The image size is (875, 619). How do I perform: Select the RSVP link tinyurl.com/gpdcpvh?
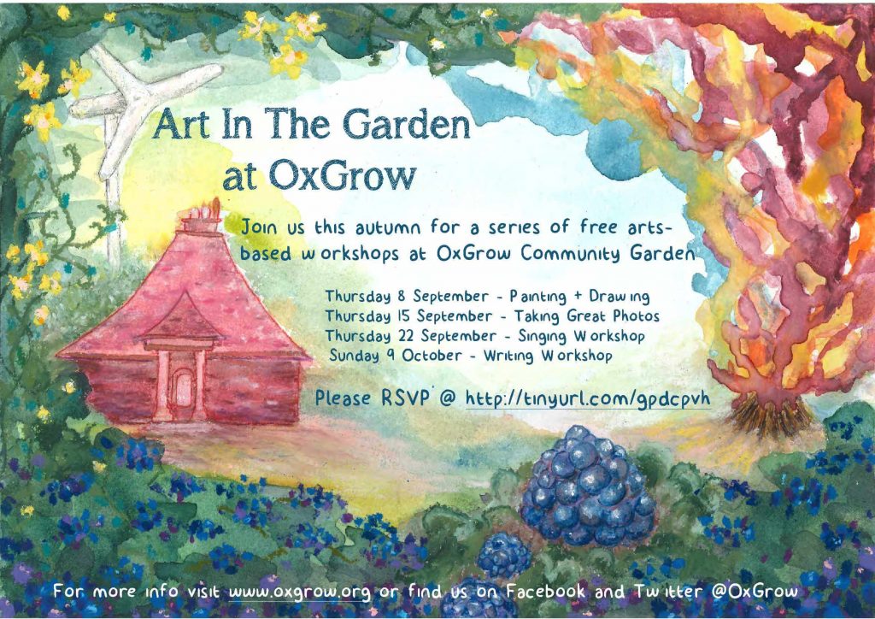(x=588, y=399)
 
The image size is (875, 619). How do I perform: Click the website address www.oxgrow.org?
(x=299, y=592)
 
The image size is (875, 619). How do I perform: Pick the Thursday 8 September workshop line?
(x=487, y=297)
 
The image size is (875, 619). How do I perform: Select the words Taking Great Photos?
(x=586, y=316)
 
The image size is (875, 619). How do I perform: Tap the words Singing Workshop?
(x=581, y=336)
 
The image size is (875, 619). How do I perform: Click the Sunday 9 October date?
(x=396, y=356)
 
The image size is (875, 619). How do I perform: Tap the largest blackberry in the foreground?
(x=586, y=486)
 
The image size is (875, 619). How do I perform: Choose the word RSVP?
(x=406, y=398)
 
